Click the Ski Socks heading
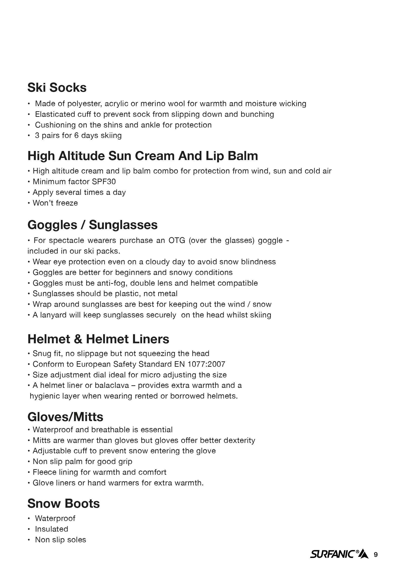pos(57,88)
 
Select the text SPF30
pos(104,181)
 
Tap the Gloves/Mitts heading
pos(65,417)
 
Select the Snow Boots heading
pos(63,503)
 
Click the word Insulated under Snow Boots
pos(51,529)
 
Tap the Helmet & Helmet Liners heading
pos(98,339)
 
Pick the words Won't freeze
pos(55,203)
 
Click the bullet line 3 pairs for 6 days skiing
pos(78,135)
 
